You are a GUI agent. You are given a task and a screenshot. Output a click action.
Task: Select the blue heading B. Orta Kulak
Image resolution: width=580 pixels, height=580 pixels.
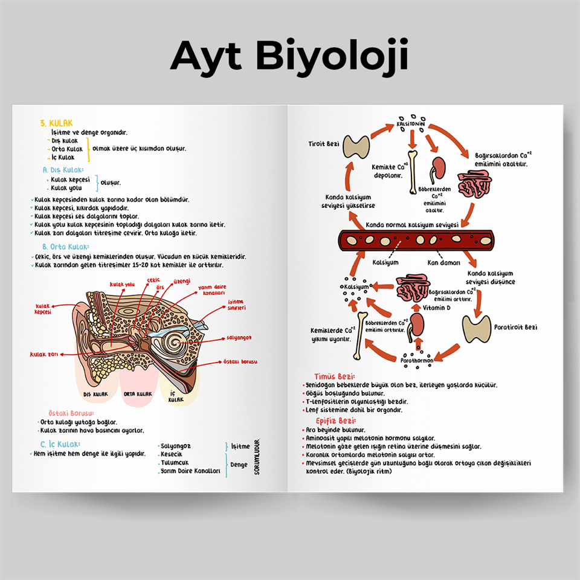[66, 246]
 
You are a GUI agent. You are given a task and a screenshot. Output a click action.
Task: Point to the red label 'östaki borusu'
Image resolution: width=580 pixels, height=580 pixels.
[240, 361]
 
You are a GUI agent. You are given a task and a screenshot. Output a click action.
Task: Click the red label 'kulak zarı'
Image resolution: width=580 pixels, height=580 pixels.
[44, 354]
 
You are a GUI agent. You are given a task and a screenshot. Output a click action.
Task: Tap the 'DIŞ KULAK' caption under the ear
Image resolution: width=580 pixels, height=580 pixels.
[95, 394]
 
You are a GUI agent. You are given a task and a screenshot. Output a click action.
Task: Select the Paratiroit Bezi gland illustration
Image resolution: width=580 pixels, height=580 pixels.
[476, 329]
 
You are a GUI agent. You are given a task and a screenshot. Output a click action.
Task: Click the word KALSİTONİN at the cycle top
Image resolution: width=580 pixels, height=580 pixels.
[411, 124]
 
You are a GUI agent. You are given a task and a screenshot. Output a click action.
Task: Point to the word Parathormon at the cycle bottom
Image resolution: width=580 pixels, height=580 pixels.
[417, 361]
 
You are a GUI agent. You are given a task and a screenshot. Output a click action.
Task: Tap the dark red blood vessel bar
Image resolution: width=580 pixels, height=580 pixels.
[417, 241]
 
